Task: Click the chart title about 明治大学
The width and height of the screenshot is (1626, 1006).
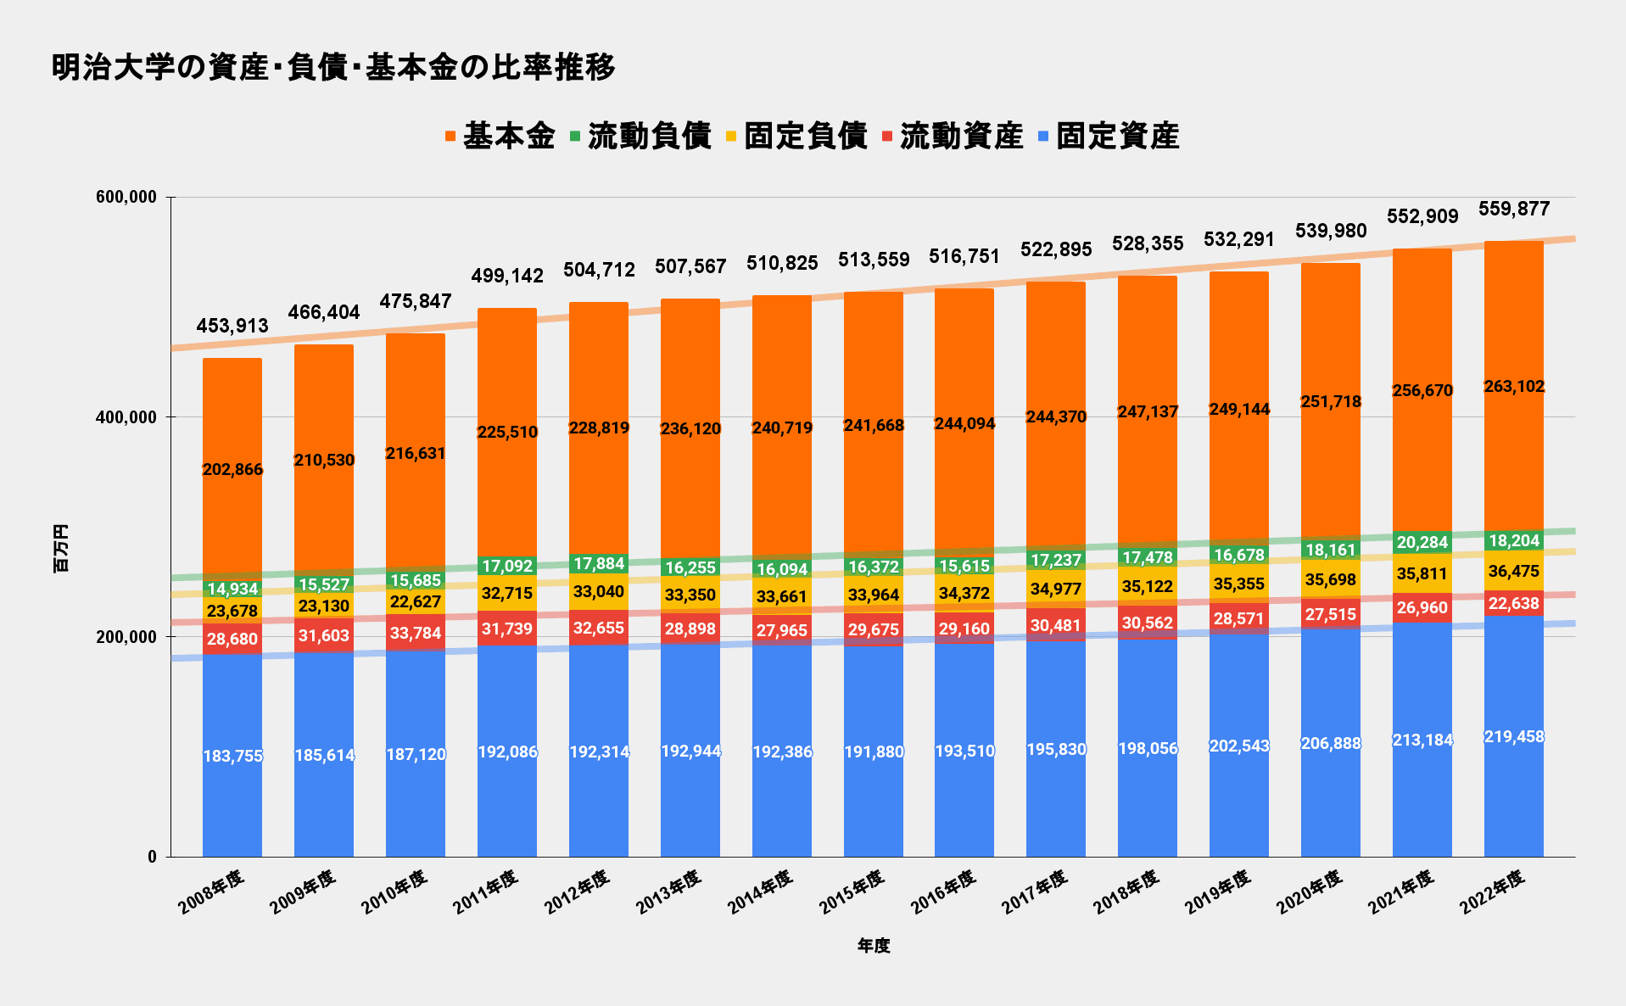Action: coord(333,67)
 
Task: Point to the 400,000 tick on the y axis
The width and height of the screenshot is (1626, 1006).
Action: coord(126,417)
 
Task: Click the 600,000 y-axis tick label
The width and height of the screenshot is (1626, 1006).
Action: coord(126,198)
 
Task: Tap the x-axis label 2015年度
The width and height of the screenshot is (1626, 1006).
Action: coord(852,891)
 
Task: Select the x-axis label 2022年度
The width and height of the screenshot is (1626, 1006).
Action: coord(1493,891)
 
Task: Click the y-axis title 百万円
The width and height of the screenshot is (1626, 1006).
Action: coord(61,548)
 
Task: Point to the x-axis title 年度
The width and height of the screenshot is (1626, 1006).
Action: coord(873,946)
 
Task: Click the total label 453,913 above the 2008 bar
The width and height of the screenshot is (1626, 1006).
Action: coord(232,326)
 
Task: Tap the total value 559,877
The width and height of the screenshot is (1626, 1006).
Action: coord(1514,209)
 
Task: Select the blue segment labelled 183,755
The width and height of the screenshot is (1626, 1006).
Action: coord(232,756)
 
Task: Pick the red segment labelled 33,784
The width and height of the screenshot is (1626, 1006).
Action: coord(416,633)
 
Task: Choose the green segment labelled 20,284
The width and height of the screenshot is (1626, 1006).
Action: coord(1422,543)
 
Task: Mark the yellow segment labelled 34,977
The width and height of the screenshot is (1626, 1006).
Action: coord(1056,589)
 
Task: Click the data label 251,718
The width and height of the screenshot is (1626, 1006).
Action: coord(1331,401)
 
